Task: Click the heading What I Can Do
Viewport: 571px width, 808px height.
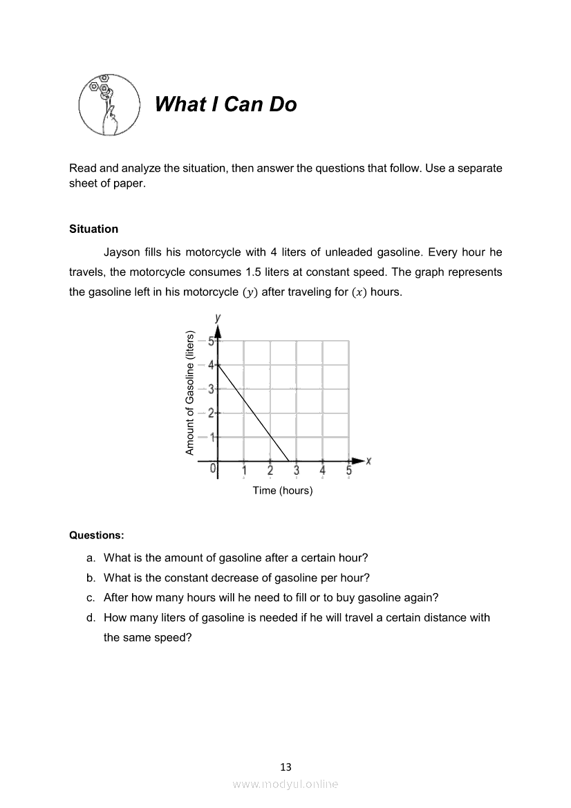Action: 225,104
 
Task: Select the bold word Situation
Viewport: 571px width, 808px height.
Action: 93,229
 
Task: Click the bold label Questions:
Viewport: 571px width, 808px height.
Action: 97,535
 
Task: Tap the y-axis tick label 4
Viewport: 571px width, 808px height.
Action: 211,364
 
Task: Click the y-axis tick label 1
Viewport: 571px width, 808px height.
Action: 212,437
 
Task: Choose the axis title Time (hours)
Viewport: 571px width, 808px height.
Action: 283,490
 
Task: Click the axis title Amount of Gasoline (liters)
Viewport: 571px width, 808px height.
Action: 189,393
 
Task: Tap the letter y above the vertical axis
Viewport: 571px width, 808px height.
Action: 218,317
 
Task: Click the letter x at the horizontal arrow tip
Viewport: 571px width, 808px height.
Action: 369,460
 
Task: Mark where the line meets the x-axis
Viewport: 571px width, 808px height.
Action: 289,460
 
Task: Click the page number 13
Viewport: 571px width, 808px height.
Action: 285,767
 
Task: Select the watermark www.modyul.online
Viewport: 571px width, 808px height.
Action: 285,784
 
